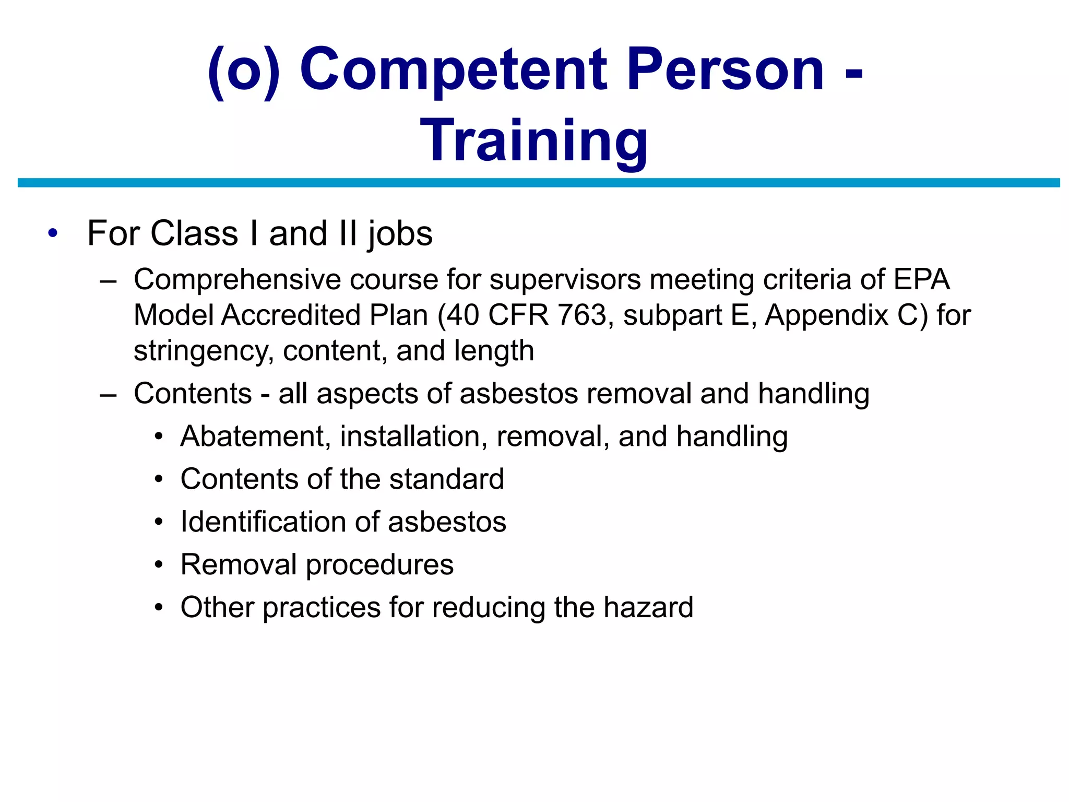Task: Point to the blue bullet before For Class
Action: (x=52, y=233)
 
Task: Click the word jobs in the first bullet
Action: (x=400, y=234)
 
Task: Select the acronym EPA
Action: (x=921, y=279)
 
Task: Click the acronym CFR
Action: (x=518, y=315)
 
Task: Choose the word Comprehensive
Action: (x=237, y=279)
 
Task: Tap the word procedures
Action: (x=379, y=565)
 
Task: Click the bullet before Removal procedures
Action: (x=159, y=565)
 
